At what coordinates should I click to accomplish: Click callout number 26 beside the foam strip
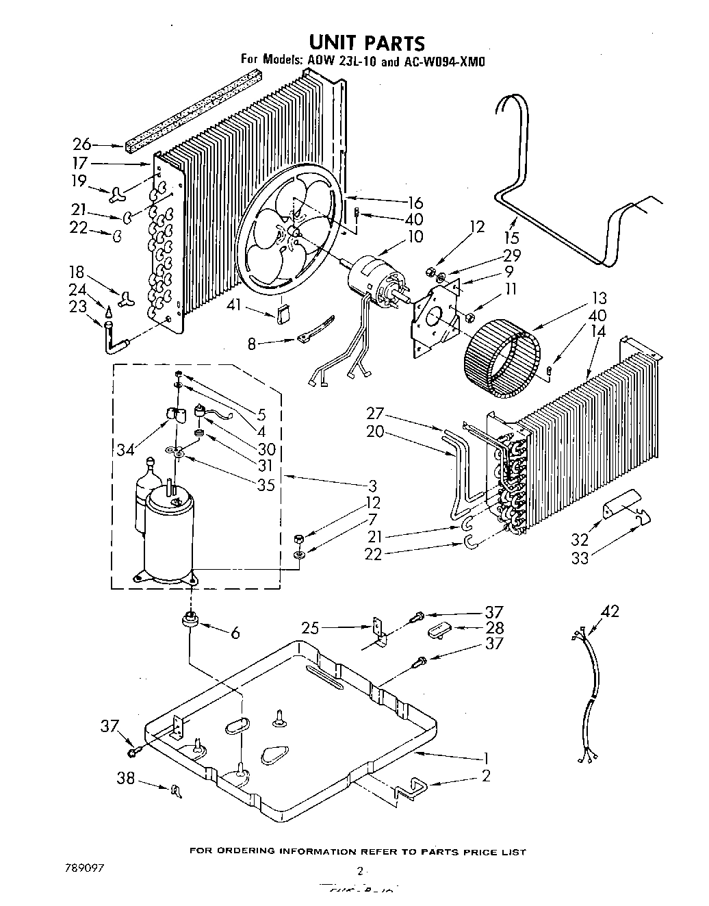82,144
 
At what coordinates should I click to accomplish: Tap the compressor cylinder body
168,541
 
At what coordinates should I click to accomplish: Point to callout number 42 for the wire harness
610,612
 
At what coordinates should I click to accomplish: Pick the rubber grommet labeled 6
190,620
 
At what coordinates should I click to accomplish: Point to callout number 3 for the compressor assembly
372,486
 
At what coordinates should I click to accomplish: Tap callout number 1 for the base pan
486,758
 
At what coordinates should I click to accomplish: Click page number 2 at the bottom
359,872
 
